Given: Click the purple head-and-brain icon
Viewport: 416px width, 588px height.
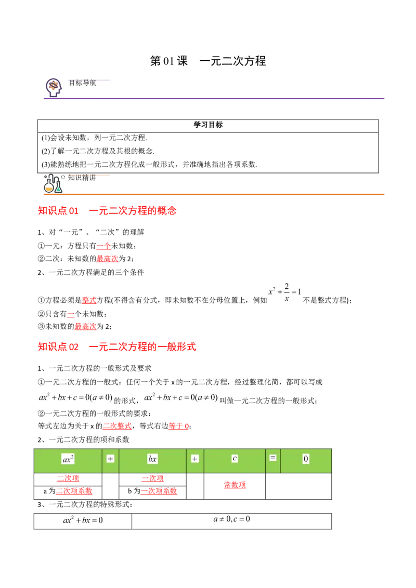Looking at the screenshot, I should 54,87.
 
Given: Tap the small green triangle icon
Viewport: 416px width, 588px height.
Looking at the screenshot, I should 59,189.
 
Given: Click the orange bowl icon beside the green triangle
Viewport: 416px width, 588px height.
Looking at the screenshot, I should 48,189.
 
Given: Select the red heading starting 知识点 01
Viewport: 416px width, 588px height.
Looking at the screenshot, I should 108,211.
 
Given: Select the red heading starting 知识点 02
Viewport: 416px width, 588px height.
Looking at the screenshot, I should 117,347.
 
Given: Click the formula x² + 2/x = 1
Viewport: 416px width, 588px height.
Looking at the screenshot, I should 285,291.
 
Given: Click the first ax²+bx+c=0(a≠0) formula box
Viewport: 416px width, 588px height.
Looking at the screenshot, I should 76,397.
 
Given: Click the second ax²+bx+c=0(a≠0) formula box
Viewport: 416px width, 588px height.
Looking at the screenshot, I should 180,397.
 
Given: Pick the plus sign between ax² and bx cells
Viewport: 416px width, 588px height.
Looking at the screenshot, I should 110,459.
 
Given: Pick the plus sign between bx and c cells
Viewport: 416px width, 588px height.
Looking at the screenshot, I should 195,459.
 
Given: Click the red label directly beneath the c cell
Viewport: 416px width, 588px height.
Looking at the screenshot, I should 235,485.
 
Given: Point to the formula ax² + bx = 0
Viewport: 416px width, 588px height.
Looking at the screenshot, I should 83,520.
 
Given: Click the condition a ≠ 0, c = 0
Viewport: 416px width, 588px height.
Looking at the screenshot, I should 231,519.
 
